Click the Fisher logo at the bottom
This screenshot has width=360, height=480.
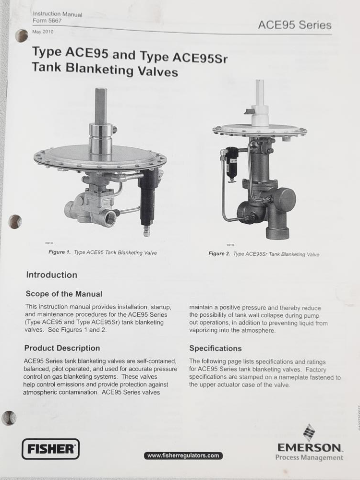pyautogui.click(x=50, y=449)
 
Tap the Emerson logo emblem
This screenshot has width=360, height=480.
pyautogui.click(x=309, y=432)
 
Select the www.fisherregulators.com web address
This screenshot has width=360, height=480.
pyautogui.click(x=183, y=456)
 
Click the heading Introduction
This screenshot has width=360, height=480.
pyautogui.click(x=51, y=275)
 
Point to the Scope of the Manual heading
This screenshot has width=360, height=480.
pyautogui.click(x=64, y=294)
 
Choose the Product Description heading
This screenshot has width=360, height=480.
pyautogui.click(x=62, y=348)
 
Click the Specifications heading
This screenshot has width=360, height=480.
pyautogui.click(x=216, y=348)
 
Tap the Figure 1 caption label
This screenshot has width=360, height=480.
pyautogui.click(x=59, y=252)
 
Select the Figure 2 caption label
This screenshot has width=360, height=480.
pyautogui.click(x=219, y=254)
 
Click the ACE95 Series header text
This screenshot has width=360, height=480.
pyautogui.click(x=294, y=25)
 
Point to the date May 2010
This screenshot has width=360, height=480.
pyautogui.click(x=43, y=32)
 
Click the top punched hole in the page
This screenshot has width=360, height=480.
pyautogui.click(x=21, y=36)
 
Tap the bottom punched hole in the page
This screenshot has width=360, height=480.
pyautogui.click(x=9, y=418)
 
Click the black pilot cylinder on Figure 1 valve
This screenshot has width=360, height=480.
pyautogui.click(x=147, y=197)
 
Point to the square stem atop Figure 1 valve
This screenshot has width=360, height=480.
pyautogui.click(x=101, y=106)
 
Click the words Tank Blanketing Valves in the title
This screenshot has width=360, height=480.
pyautogui.click(x=105, y=70)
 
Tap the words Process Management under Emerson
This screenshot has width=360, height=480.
pyautogui.click(x=309, y=457)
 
